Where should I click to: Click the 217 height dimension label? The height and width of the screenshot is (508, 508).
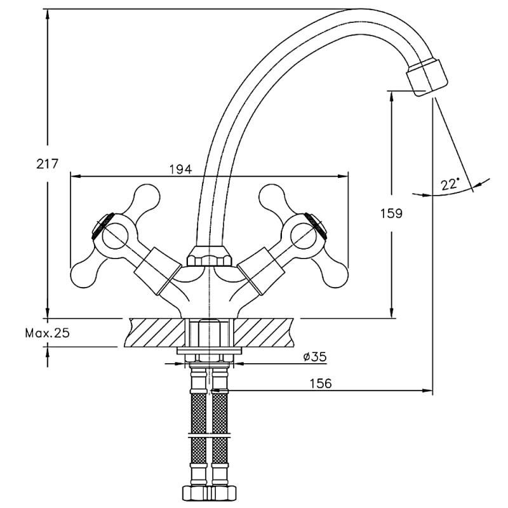click(47, 164)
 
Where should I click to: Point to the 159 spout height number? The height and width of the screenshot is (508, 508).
click(392, 213)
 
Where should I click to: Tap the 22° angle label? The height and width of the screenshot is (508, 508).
click(450, 184)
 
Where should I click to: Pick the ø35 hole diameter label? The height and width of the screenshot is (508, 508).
click(314, 357)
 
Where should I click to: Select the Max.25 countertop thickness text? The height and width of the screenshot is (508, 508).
click(48, 333)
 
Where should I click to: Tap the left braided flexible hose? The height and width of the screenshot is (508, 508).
click(199, 432)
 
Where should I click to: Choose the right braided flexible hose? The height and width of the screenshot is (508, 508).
click(219, 432)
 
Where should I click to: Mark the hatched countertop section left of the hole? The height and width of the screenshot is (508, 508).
click(156, 331)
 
